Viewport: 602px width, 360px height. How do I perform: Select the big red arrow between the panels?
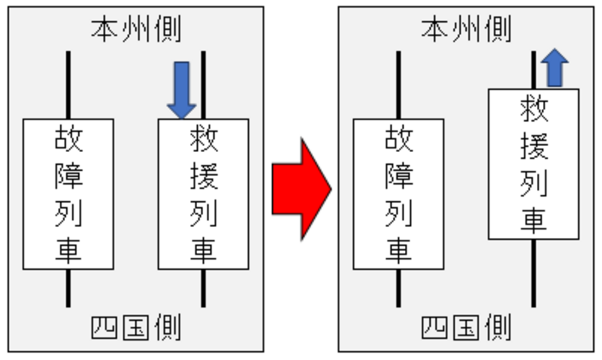[x=301, y=189]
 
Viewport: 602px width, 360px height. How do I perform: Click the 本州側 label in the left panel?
[x=136, y=30]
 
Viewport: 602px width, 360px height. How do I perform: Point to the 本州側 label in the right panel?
[x=466, y=30]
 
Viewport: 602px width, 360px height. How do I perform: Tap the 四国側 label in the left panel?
[x=136, y=328]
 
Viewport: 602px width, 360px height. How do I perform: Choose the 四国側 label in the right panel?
[x=466, y=328]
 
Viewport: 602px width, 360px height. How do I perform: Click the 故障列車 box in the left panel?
[x=69, y=194]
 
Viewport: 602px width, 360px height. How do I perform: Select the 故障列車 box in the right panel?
[x=398, y=194]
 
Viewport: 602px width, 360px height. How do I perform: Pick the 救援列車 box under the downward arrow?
[x=203, y=194]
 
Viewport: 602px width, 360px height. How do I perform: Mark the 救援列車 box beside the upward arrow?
[x=533, y=164]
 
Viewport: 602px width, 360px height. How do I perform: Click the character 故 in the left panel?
[x=69, y=139]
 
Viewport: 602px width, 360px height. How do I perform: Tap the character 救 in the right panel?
[x=534, y=110]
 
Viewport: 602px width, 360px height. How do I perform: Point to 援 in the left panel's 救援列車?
[x=204, y=176]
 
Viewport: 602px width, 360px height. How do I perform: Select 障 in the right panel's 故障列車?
[x=399, y=176]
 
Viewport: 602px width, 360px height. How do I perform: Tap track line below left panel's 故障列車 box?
[x=69, y=288]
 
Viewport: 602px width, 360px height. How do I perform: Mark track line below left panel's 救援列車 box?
[x=203, y=288]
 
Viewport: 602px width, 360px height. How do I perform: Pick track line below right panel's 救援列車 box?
[x=533, y=273]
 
